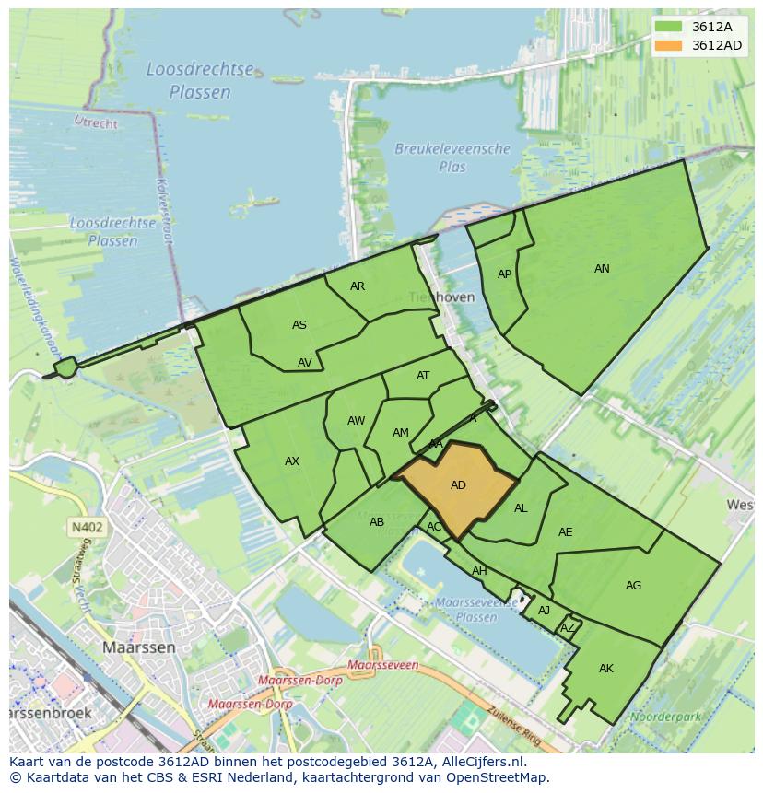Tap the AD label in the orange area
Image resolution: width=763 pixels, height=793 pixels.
click(458, 485)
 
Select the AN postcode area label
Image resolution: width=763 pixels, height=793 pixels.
click(602, 269)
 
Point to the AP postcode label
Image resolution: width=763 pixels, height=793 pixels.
click(504, 274)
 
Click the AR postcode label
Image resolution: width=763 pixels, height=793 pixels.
click(358, 286)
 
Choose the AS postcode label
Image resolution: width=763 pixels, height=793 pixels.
click(299, 325)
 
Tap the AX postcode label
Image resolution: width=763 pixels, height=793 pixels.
click(292, 461)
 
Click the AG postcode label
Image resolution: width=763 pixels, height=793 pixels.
click(633, 586)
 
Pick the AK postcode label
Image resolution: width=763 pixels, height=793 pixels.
click(605, 669)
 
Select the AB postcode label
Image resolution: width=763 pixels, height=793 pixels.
click(376, 522)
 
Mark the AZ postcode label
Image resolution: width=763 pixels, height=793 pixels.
click(568, 628)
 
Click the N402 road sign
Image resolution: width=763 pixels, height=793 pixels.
click(86, 528)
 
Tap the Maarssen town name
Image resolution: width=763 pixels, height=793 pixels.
click(138, 647)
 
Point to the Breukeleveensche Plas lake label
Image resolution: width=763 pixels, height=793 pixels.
click(452, 157)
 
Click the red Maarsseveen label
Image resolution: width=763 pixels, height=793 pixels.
click(383, 664)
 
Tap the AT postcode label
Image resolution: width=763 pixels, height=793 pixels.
click(423, 376)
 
